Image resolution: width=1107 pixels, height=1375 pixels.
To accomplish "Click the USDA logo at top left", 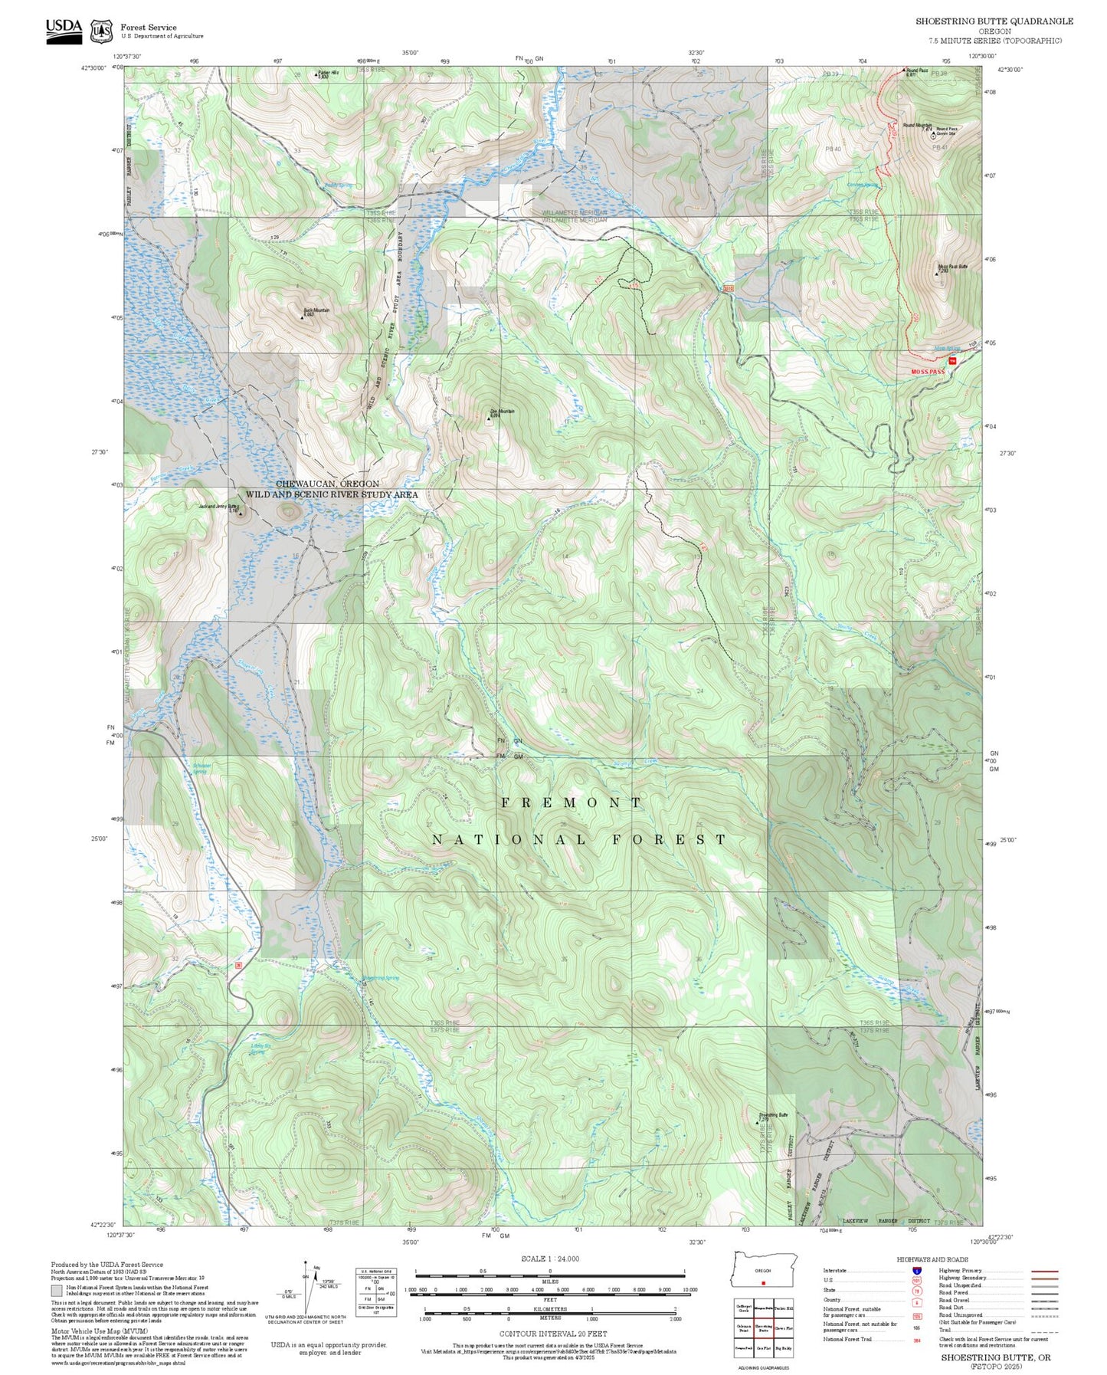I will click(x=64, y=30).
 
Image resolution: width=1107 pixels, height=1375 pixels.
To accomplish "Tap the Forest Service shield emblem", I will click(x=101, y=31).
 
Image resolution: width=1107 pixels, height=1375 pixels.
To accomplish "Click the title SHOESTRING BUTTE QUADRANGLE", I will click(x=994, y=21).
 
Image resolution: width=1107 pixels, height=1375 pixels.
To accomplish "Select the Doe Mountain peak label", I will click(x=502, y=412).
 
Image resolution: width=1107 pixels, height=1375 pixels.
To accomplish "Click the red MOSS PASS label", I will click(x=927, y=372).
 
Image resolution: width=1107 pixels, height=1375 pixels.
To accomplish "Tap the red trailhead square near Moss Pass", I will click(x=952, y=360).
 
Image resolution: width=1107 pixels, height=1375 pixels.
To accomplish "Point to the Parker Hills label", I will click(x=328, y=73).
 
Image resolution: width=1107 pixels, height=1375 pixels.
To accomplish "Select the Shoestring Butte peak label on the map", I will click(x=773, y=1115).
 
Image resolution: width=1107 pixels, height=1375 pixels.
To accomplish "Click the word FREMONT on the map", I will click(x=572, y=802).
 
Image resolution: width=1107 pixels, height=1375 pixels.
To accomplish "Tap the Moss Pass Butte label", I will click(x=952, y=267).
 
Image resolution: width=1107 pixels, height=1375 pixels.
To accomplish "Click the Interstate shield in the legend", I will click(x=916, y=1271).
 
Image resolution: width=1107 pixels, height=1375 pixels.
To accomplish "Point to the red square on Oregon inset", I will click(x=764, y=1283).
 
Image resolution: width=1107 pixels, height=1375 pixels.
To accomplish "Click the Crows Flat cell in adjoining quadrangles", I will click(x=783, y=1328).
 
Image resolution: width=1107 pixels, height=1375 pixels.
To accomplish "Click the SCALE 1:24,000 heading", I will click(x=549, y=1259).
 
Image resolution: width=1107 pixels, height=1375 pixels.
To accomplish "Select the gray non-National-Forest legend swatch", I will click(x=57, y=1290).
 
